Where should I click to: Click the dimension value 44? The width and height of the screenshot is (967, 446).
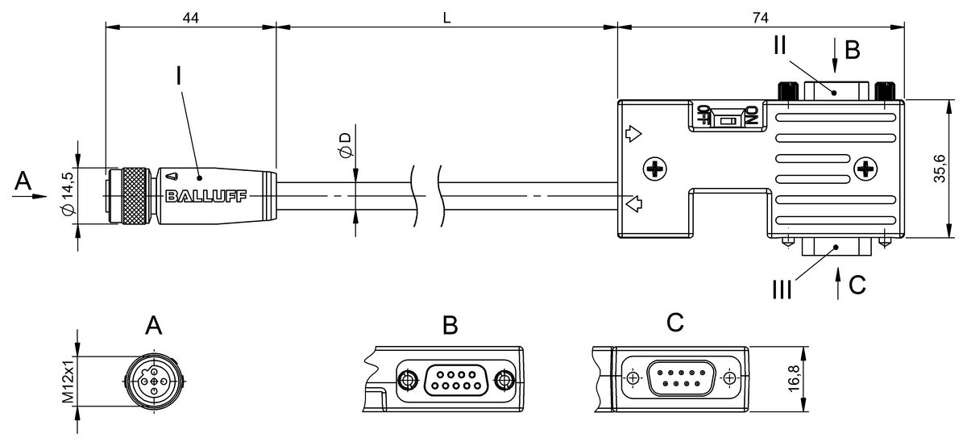tap(190, 16)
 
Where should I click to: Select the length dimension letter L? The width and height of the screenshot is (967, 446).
tap(446, 16)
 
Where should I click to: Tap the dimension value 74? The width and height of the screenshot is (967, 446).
tap(759, 16)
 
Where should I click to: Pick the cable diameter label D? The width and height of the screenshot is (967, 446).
tap(345, 146)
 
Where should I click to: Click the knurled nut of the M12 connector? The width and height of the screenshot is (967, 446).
tap(135, 196)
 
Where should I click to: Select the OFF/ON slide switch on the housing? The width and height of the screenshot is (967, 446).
tap(728, 119)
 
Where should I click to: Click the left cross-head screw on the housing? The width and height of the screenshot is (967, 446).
tap(655, 169)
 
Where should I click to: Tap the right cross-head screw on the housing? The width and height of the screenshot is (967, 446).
tap(865, 169)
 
